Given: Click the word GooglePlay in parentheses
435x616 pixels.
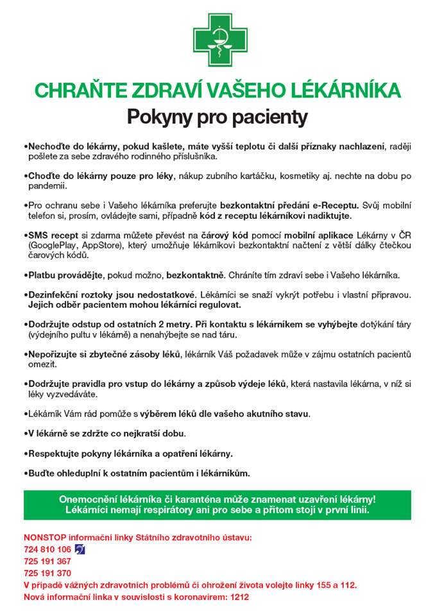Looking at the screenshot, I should (x=52, y=246).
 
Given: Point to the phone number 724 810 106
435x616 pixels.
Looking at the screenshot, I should (x=47, y=549).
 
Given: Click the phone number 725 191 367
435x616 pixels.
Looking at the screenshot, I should (x=47, y=561).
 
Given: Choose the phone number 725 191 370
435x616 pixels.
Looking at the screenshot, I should (x=47, y=573).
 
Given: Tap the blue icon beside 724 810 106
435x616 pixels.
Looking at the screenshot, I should (x=80, y=549).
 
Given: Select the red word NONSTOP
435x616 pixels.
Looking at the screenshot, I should (x=45, y=537).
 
